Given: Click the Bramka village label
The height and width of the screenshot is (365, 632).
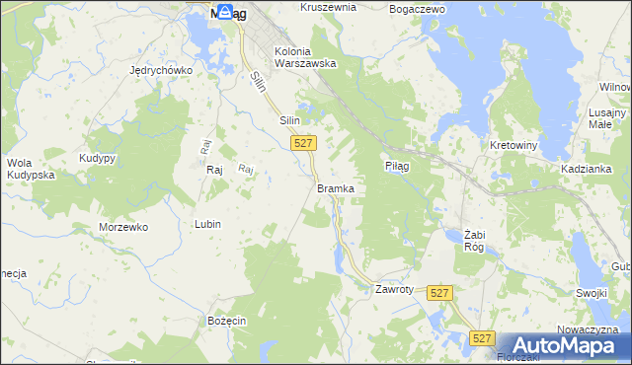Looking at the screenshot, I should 335,187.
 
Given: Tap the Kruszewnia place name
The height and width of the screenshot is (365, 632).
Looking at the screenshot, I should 327,7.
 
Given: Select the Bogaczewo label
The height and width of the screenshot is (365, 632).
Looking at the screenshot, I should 418,8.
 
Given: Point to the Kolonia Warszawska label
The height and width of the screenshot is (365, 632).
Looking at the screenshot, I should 305,57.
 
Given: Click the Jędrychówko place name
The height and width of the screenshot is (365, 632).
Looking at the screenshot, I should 159,70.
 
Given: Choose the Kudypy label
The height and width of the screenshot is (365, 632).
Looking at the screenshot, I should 99,158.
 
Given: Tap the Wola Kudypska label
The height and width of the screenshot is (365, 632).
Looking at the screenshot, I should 30,169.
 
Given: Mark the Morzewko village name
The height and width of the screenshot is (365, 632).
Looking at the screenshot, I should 123,227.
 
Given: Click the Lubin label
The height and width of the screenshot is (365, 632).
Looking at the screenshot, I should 207,224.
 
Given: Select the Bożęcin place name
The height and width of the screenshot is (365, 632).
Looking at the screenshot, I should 226,322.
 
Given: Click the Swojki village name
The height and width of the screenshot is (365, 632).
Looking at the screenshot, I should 591,294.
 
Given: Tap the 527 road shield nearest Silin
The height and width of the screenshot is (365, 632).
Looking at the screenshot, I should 304,144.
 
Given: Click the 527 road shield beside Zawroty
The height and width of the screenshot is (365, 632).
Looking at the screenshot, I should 440,293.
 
